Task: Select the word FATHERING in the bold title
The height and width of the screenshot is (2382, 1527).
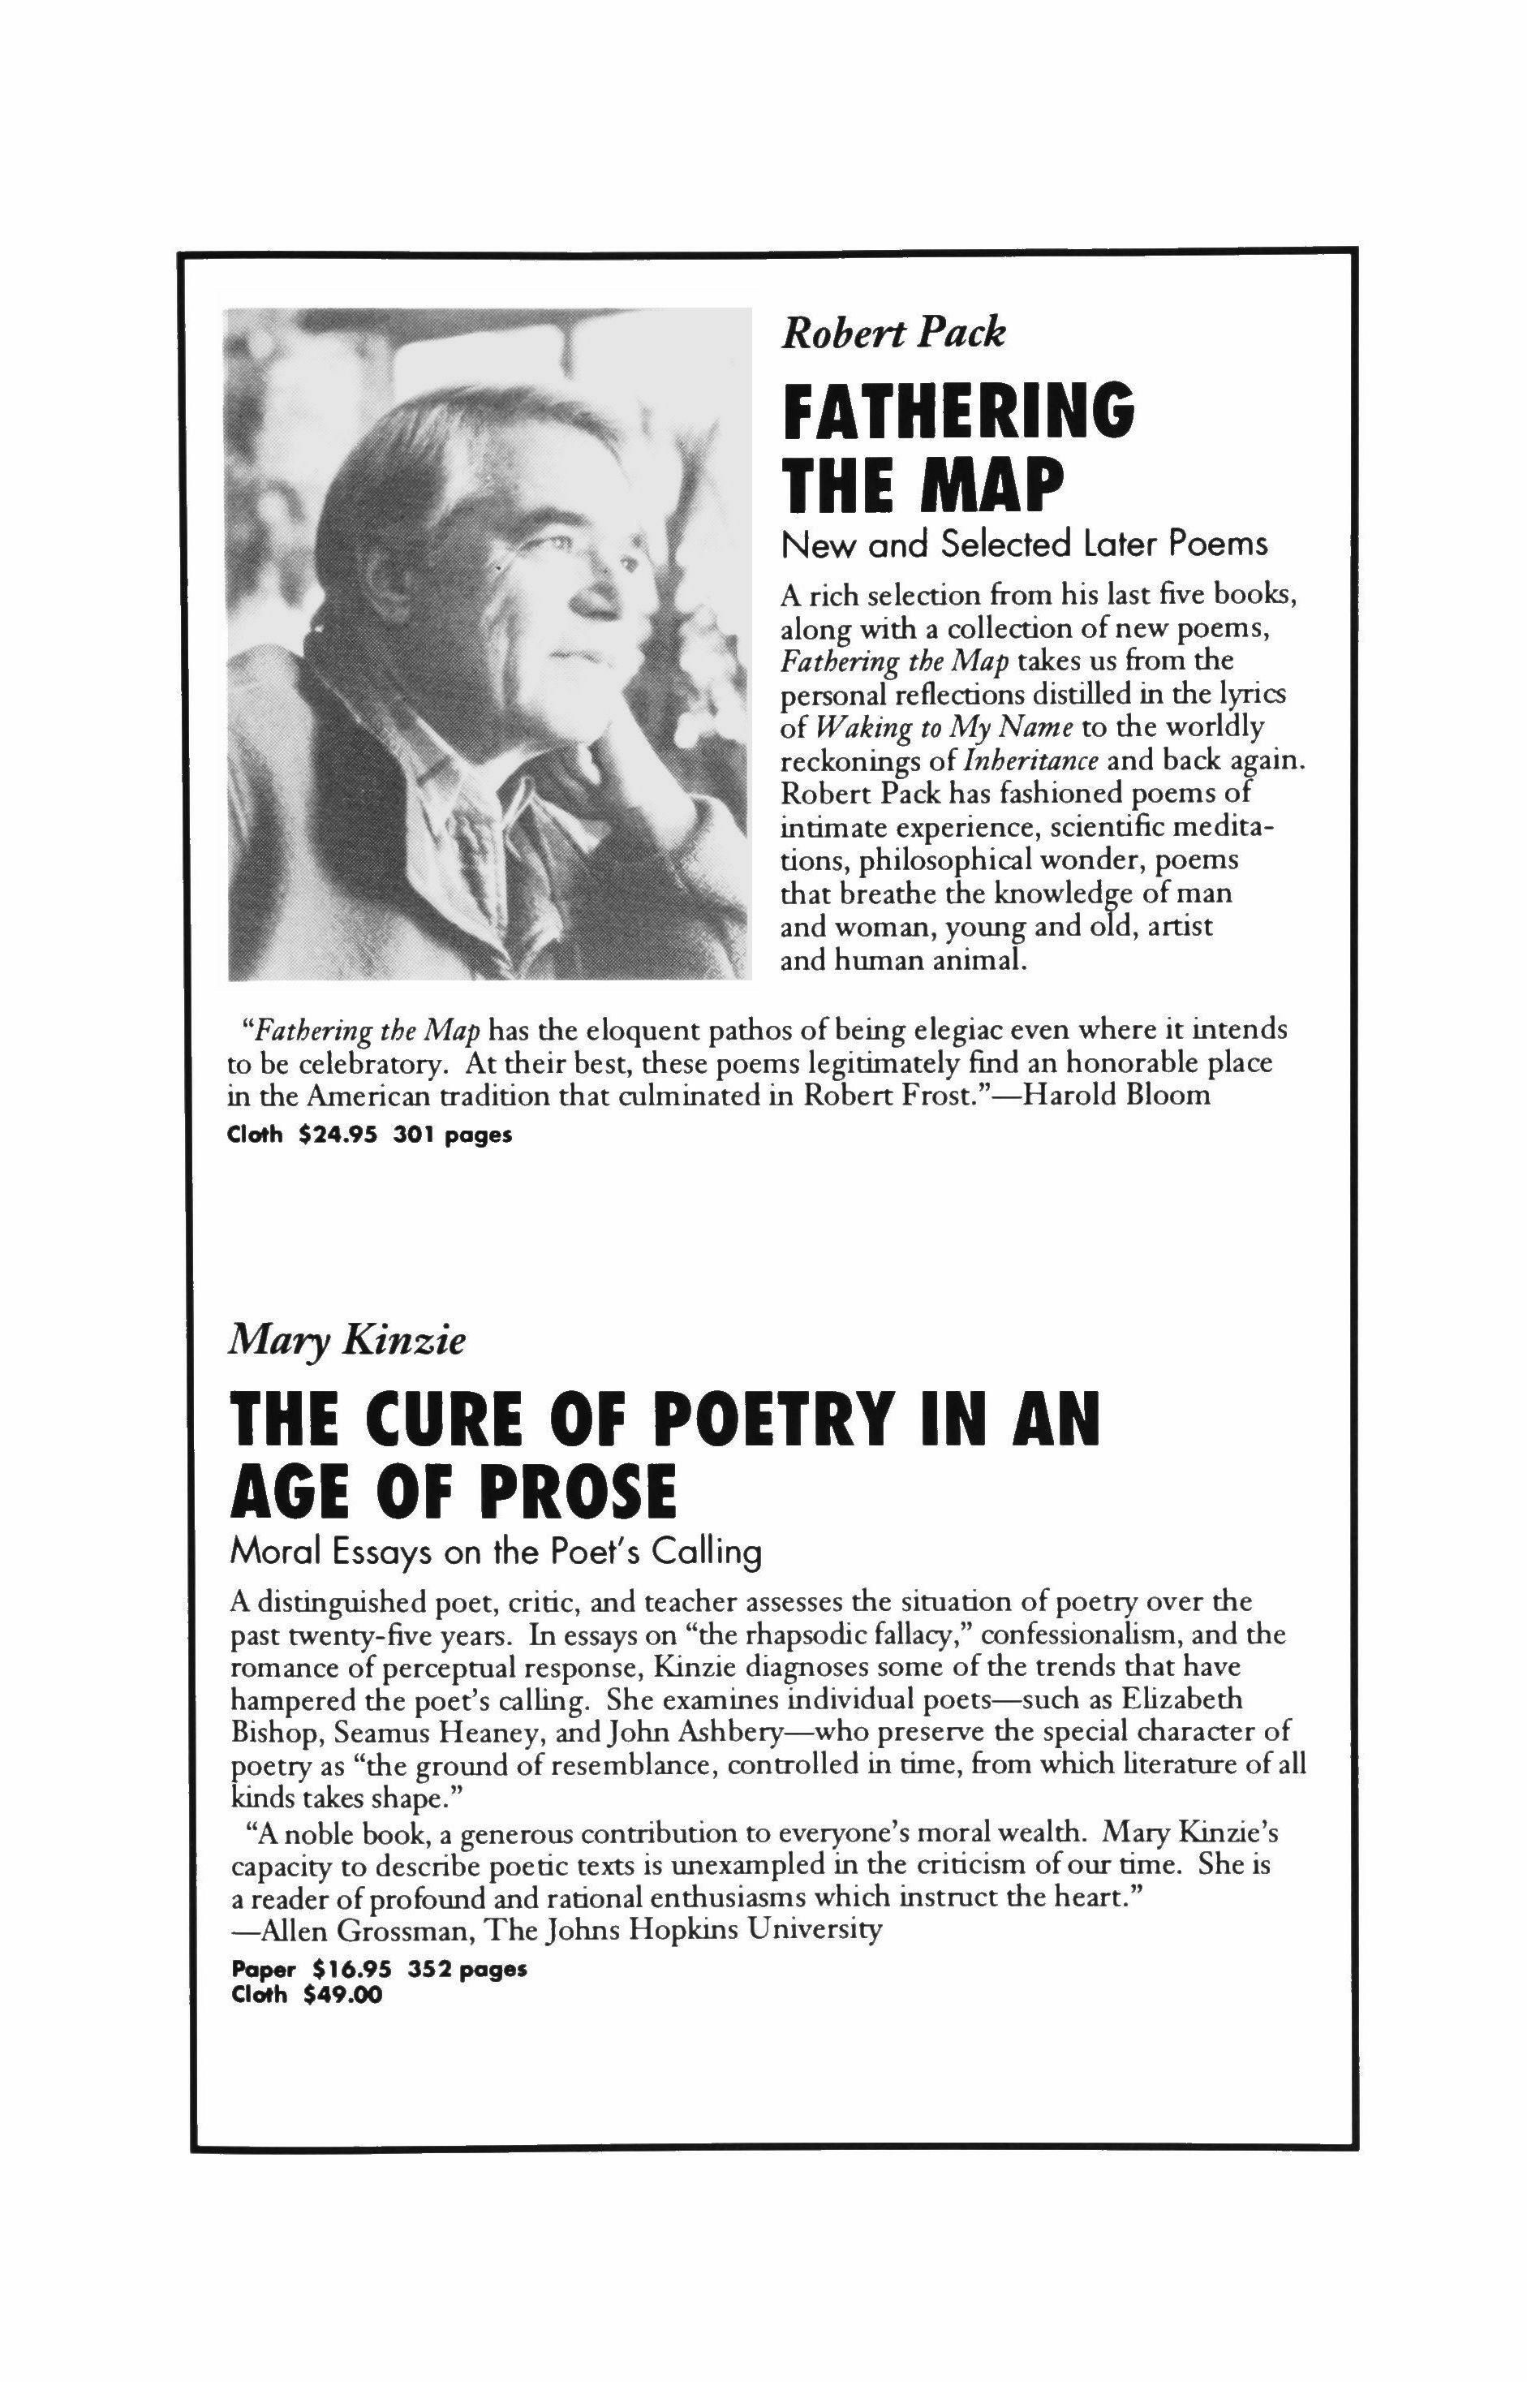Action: pyautogui.click(x=958, y=411)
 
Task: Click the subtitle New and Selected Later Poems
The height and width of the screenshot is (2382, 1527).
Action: pyautogui.click(x=1024, y=544)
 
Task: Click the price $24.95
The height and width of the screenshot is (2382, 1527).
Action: pyautogui.click(x=338, y=1135)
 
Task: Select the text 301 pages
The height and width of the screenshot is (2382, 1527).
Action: pyautogui.click(x=452, y=1135)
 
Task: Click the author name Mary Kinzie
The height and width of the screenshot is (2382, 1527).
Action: pyautogui.click(x=347, y=1342)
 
